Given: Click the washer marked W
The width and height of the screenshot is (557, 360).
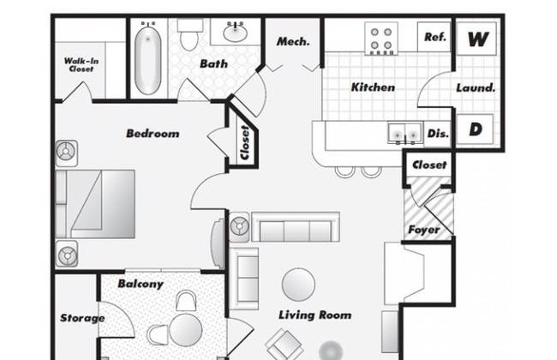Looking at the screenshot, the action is click(476, 39).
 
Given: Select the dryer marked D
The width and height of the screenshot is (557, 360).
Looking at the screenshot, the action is click(475, 129).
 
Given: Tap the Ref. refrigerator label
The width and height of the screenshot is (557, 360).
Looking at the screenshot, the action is click(435, 37).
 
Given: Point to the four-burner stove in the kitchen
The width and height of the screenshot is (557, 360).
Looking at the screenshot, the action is click(381, 39).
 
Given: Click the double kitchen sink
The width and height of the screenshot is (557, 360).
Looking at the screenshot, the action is click(405, 133).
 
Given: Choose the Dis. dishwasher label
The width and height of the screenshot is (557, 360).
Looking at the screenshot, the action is click(438, 133).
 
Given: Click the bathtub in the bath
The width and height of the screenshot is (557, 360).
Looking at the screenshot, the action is click(147, 59).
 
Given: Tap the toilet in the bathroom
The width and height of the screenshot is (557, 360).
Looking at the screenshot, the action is click(189, 34).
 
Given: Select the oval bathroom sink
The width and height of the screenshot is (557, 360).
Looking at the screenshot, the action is click(235, 33).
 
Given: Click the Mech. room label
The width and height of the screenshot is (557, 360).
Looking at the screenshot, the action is click(293, 42).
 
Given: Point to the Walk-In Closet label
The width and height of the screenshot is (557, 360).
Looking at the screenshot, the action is click(81, 64).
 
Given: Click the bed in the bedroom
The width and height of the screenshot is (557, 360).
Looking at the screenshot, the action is click(95, 204).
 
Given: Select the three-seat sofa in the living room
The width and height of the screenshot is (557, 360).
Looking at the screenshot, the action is click(296, 227).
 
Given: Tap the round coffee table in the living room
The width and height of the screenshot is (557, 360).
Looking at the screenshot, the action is click(298, 285).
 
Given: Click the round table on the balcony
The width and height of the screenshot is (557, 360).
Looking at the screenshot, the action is click(186, 330).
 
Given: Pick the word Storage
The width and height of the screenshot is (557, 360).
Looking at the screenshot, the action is click(82, 318).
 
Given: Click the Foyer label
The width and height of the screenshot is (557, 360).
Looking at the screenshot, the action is click(424, 230).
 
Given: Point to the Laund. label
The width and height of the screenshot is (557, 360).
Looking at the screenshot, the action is click(476, 87).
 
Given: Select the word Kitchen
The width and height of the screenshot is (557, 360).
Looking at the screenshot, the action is click(373, 87).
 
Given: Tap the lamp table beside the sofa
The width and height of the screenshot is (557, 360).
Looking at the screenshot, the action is click(239, 226).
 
